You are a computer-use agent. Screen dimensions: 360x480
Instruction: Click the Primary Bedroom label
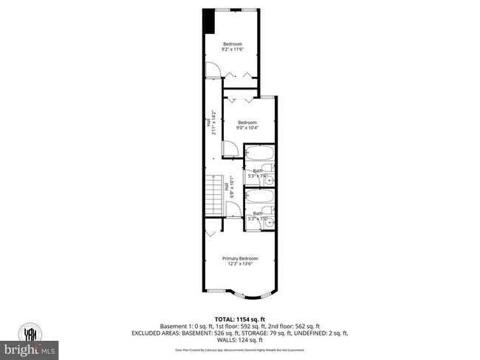[x=241, y=258]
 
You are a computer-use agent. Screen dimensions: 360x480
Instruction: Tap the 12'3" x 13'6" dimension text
[x=241, y=265]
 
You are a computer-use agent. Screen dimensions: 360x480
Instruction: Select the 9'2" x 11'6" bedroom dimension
[x=233, y=50]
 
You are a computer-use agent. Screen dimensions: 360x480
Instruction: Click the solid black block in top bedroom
[x=209, y=21]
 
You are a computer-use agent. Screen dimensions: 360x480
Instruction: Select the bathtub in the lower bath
[x=259, y=196]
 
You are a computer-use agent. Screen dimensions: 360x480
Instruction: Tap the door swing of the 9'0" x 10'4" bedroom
[x=230, y=148]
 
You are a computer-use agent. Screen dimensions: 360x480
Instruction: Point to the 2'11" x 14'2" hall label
[x=213, y=123]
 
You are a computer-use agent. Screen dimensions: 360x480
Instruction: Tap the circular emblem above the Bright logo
[x=30, y=333]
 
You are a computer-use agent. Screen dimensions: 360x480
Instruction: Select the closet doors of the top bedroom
[x=240, y=75]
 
